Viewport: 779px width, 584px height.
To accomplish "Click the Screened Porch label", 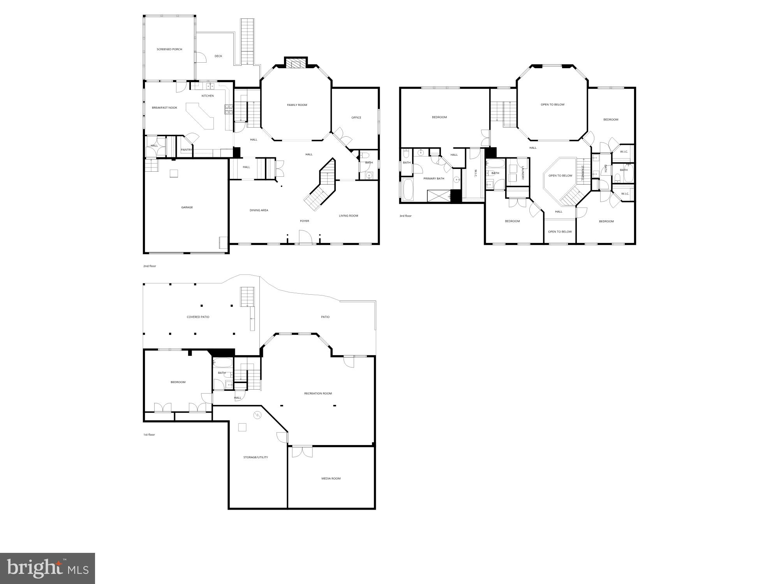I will pyautogui.click(x=169, y=49).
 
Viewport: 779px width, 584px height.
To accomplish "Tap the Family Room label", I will pyautogui.click(x=297, y=105).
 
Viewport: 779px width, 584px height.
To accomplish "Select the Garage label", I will pyautogui.click(x=187, y=208).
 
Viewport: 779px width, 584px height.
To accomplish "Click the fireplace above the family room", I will pyautogui.click(x=296, y=64).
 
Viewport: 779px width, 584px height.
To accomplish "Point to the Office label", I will pyautogui.click(x=356, y=118).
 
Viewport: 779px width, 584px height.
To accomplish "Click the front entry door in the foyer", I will pyautogui.click(x=305, y=237).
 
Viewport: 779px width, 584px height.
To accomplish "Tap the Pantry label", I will pyautogui.click(x=186, y=150).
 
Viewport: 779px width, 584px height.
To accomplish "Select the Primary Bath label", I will pyautogui.click(x=434, y=179).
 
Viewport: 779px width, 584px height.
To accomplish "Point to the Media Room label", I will pyautogui.click(x=331, y=478).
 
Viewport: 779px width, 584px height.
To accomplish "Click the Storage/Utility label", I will pyautogui.click(x=256, y=457).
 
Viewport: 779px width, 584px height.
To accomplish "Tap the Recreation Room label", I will pyautogui.click(x=318, y=394).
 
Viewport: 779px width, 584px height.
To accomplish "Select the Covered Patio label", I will pyautogui.click(x=198, y=317).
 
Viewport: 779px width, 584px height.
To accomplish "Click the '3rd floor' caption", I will pyautogui.click(x=405, y=216).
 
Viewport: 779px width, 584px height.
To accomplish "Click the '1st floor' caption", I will pyautogui.click(x=149, y=434).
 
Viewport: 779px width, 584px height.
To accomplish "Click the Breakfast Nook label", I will pyautogui.click(x=164, y=108).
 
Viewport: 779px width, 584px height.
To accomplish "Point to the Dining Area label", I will pyautogui.click(x=259, y=211).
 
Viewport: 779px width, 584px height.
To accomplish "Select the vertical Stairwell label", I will pyautogui.click(x=583, y=173).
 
